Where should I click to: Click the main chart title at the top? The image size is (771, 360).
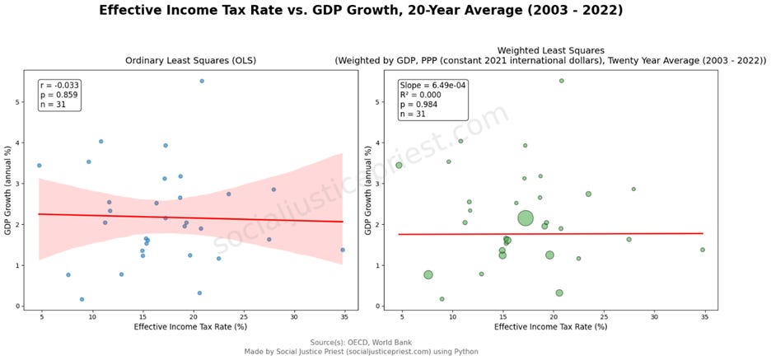click(x=361, y=11)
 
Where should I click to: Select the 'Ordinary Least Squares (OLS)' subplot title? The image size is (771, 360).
click(x=191, y=61)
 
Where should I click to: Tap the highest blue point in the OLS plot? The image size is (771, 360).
click(x=202, y=81)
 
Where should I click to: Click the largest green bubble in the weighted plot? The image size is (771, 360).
click(x=526, y=217)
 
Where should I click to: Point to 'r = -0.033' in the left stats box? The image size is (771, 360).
click(x=53, y=85)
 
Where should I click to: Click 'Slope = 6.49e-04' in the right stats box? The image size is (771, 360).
click(x=432, y=85)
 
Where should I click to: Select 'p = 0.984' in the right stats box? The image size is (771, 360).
click(x=418, y=105)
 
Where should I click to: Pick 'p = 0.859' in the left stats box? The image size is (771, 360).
click(x=53, y=95)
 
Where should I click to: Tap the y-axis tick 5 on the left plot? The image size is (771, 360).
click(x=31, y=102)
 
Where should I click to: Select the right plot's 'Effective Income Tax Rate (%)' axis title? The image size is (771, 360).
click(x=551, y=326)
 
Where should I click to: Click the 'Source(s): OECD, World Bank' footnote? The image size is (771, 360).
click(x=361, y=343)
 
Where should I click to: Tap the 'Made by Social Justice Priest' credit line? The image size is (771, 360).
click(x=361, y=352)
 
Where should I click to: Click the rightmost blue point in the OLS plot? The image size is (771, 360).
click(x=343, y=250)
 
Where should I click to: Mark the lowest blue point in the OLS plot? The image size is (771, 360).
click(x=82, y=299)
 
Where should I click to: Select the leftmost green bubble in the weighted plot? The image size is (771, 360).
click(x=399, y=166)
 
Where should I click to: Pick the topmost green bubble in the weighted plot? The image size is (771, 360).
click(x=562, y=81)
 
